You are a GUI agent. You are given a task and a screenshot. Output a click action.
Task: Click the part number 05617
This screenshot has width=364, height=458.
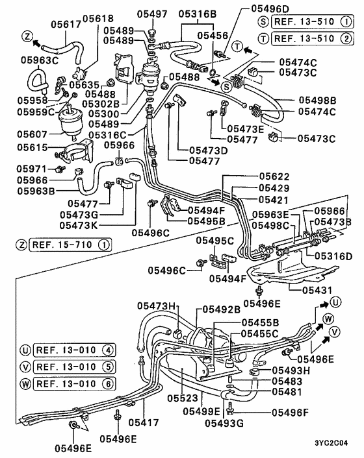point(65,24)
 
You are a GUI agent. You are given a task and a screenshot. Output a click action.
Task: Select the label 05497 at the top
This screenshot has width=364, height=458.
point(153,14)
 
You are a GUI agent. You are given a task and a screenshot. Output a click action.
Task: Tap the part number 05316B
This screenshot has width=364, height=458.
point(196,14)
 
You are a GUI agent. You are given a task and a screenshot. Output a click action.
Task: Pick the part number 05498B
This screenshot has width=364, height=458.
point(317,100)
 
